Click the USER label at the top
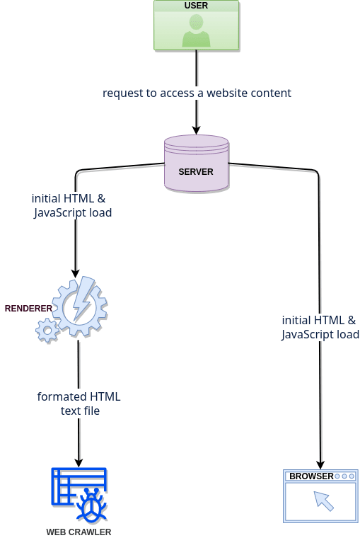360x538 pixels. [196, 6]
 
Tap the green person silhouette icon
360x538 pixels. [196, 30]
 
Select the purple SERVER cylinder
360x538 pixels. [196, 163]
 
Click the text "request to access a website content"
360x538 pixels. [197, 93]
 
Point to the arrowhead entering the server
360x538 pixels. [196, 130]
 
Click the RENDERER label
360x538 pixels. [28, 309]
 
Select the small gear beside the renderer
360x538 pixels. [47, 331]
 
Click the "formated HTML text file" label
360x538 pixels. [79, 403]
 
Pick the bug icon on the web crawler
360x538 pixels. [91, 503]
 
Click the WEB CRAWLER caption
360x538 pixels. [79, 532]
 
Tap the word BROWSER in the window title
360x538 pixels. [311, 476]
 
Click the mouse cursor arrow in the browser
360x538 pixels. [324, 500]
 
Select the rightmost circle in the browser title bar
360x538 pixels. [352, 476]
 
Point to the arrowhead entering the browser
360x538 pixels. [320, 465]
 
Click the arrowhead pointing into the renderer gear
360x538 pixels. [76, 273]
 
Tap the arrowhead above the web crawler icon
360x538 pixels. [79, 462]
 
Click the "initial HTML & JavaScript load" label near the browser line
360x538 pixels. [320, 327]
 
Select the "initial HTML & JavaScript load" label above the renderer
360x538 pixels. [72, 205]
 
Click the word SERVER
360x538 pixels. [196, 171]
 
